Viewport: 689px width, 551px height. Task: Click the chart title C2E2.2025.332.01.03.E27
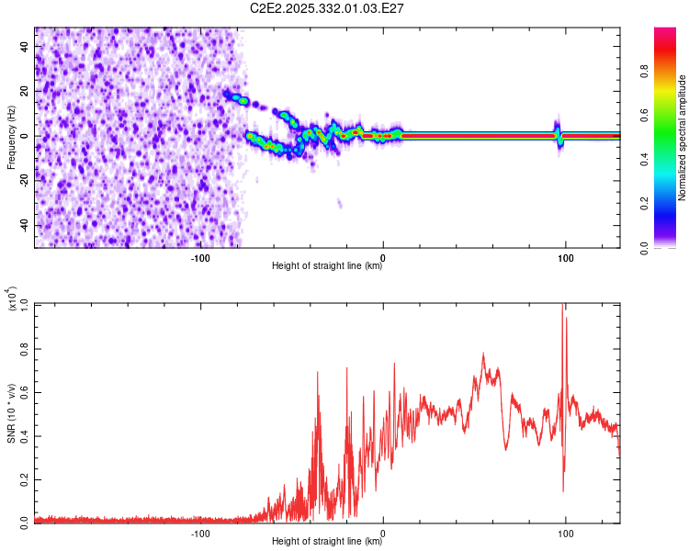click(x=328, y=8)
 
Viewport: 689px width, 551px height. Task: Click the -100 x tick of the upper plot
click(x=200, y=258)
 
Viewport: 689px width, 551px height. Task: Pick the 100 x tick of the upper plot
click(x=566, y=258)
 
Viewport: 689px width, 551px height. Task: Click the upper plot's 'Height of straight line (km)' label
click(x=327, y=266)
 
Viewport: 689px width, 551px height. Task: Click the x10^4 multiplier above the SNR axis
click(x=14, y=299)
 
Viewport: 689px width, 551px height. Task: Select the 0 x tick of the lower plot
click(x=383, y=533)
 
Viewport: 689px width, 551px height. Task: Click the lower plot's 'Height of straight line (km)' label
click(x=327, y=542)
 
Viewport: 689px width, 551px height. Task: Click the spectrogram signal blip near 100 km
click(x=557, y=133)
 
